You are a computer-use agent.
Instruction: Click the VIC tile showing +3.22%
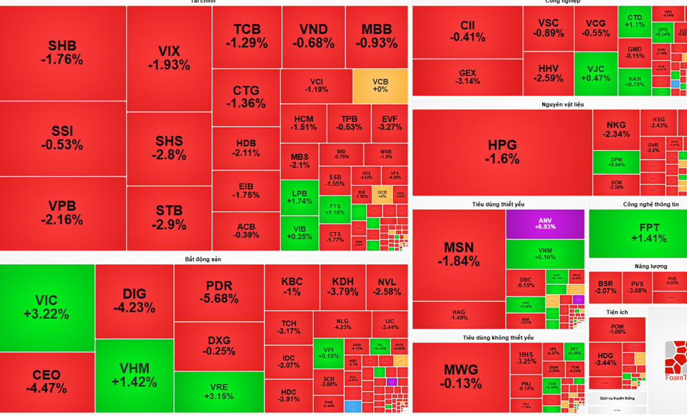(x=47, y=307)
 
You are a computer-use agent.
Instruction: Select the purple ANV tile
(x=545, y=224)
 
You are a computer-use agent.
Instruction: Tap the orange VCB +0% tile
(x=380, y=85)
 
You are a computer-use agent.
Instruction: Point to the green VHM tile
(x=134, y=375)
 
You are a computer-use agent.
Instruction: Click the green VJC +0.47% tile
(x=595, y=73)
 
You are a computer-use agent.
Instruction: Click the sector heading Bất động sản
(x=203, y=259)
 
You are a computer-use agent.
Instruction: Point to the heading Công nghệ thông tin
(x=650, y=205)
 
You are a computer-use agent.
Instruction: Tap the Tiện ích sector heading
(x=616, y=312)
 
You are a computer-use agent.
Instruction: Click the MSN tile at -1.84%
(x=459, y=254)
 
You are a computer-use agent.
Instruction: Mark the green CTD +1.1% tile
(x=635, y=21)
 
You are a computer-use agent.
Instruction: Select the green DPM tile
(x=616, y=161)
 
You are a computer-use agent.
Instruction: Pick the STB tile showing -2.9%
(x=170, y=218)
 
